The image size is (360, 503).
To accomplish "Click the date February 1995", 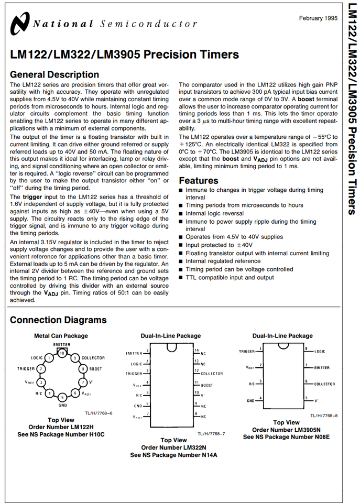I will click(318, 18).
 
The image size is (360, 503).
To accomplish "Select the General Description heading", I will click(54, 74).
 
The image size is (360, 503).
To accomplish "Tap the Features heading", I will click(199, 180).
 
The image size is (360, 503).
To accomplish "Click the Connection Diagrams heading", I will click(58, 320).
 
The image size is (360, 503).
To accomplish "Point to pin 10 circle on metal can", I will click(62, 353).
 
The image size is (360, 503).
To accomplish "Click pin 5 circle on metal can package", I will click(62, 397).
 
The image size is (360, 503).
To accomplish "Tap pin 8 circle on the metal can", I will click(82, 369).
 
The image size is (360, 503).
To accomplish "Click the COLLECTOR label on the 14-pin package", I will click(212, 374).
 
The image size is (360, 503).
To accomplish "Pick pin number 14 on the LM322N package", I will click(197, 350).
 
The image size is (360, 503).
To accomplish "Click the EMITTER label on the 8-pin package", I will click(322, 368).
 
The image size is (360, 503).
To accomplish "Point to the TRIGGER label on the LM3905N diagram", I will click(247, 352).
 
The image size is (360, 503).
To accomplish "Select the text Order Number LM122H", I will click(61, 427).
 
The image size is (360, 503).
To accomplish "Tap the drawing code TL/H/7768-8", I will click(323, 415).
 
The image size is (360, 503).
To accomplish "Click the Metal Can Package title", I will click(61, 336).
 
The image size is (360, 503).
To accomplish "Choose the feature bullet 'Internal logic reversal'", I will click(214, 214).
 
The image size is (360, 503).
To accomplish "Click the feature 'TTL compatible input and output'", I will click(230, 278).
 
